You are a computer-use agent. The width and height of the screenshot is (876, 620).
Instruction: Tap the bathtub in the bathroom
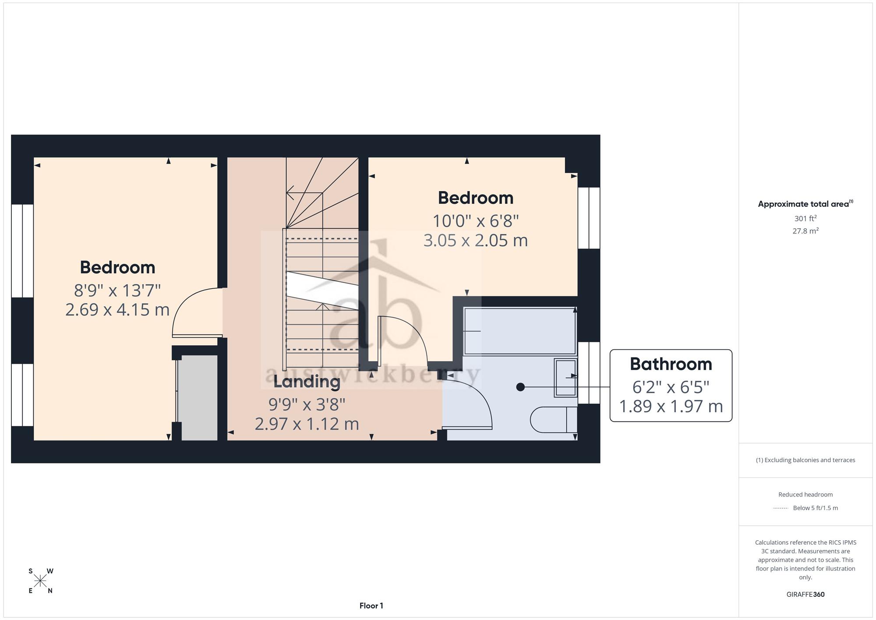(520, 331)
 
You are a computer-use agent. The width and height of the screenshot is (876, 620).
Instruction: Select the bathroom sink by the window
(565, 378)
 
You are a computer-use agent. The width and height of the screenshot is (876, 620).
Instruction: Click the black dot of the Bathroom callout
(520, 387)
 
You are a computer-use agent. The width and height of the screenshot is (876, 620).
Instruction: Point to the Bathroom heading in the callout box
(671, 364)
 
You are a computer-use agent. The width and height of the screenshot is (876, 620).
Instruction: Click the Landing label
(307, 382)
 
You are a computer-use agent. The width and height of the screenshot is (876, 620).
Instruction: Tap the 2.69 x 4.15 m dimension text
(117, 310)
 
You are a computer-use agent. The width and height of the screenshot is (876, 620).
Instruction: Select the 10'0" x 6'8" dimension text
(476, 221)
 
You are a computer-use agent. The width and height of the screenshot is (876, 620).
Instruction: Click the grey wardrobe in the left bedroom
(199, 397)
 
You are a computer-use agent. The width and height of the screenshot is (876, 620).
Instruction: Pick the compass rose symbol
(40, 581)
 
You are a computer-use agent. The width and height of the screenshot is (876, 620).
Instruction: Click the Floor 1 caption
(371, 606)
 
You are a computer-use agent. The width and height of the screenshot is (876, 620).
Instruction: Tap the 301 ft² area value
(805, 218)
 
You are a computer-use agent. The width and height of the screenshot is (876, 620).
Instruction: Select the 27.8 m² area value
(805, 230)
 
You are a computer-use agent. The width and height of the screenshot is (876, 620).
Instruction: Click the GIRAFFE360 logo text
(805, 595)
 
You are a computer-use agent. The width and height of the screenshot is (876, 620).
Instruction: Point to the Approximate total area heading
(805, 204)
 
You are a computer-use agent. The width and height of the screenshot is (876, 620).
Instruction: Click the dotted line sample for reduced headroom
(781, 508)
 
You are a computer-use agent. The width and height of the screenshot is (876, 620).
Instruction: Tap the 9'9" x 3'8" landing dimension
(307, 405)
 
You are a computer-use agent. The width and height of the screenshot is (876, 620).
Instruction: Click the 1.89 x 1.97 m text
(671, 406)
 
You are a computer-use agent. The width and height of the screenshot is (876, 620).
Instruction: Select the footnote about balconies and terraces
(805, 460)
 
